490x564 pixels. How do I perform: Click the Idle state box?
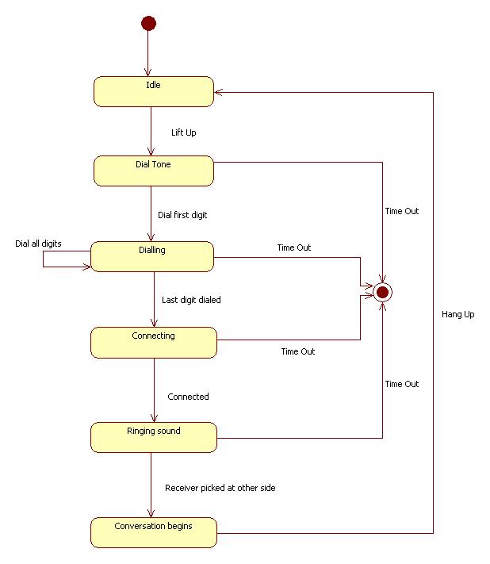(154, 91)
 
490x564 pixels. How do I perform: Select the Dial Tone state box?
(154, 171)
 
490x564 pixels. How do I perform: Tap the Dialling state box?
(152, 256)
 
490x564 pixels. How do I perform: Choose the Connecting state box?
(154, 342)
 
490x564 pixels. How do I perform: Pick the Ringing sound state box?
(154, 437)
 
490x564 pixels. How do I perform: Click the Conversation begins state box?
(154, 531)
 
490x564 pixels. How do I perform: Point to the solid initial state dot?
(148, 23)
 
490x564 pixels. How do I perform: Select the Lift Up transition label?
(183, 132)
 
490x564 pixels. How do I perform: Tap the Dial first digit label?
(182, 214)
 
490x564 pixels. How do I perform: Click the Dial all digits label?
(38, 243)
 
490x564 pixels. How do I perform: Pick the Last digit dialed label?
(191, 300)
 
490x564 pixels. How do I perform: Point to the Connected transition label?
(188, 397)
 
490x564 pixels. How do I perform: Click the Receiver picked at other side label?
(220, 488)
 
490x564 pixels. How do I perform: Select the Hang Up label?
(457, 315)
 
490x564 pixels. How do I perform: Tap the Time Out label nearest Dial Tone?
(401, 211)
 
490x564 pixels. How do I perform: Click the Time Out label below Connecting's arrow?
(297, 351)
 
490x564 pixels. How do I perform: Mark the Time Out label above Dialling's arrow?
(293, 247)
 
